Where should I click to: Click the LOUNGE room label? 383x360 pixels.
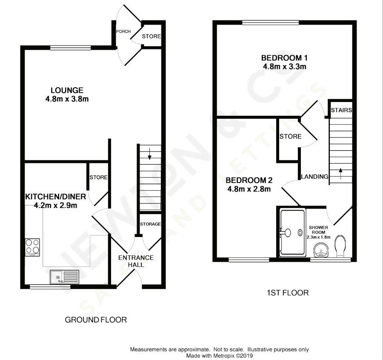click(x=67, y=90)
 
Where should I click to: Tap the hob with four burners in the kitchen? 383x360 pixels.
click(x=32, y=247)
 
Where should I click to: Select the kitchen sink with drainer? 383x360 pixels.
click(x=65, y=277)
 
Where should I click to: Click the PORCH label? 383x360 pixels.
click(x=123, y=31)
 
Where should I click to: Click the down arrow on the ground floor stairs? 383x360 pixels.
click(x=149, y=154)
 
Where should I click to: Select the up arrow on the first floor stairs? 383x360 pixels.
click(x=340, y=174)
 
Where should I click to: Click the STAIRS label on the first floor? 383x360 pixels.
click(x=341, y=110)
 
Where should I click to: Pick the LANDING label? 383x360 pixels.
click(x=314, y=176)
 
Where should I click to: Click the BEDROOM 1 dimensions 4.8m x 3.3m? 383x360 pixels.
click(x=285, y=66)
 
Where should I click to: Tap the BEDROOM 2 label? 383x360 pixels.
click(x=249, y=180)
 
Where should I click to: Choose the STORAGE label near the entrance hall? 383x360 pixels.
click(x=151, y=224)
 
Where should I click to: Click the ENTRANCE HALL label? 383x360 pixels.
click(x=136, y=261)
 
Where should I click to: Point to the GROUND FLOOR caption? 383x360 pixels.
click(x=96, y=320)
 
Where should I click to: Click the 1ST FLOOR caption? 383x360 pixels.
click(x=288, y=293)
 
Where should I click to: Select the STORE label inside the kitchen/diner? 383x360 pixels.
click(x=98, y=177)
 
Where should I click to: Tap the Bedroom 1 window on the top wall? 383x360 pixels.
click(x=271, y=23)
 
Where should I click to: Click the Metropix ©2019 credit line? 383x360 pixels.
click(x=219, y=356)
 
